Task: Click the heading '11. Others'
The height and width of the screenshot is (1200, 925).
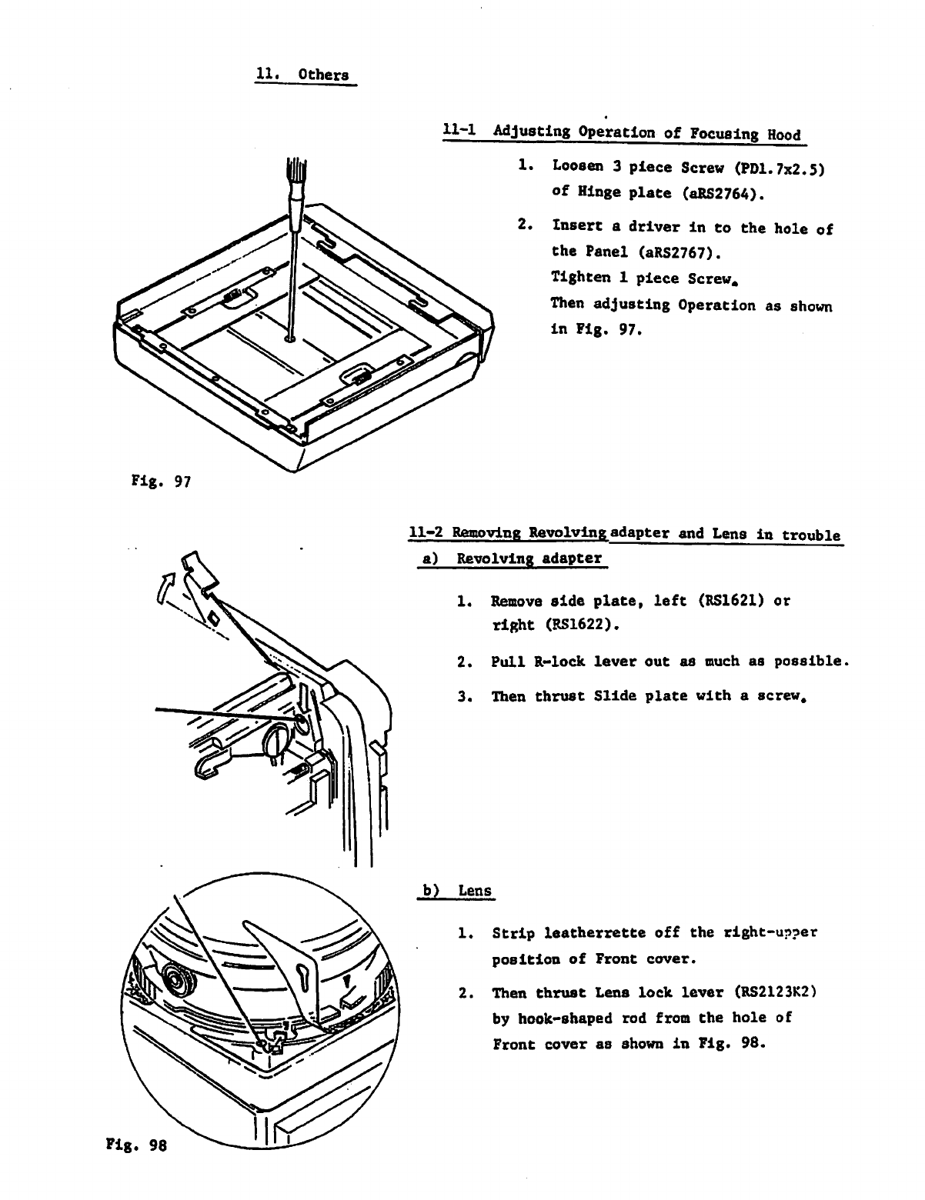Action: click(302, 75)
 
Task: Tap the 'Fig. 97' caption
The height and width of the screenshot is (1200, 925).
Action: click(155, 482)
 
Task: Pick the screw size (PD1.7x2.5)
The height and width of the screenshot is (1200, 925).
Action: click(780, 167)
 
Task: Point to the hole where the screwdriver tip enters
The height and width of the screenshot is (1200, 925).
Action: click(289, 337)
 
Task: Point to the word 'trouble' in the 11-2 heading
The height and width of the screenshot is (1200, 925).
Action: click(810, 535)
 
